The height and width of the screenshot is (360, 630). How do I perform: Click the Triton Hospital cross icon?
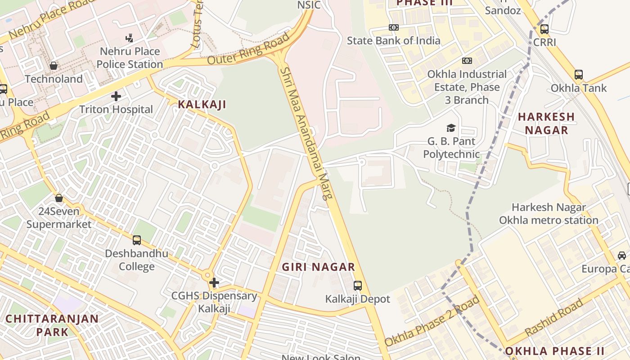coord(116,96)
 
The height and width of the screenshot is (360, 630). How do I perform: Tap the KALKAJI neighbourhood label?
coord(202,104)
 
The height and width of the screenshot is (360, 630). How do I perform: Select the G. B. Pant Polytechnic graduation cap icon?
coord(451,128)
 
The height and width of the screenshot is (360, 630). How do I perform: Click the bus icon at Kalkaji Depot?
coord(358,285)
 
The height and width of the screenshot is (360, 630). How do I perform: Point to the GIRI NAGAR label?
coord(319,267)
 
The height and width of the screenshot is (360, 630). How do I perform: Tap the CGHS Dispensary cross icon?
coord(214,283)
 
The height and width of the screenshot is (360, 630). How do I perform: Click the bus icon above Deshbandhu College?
coord(137,240)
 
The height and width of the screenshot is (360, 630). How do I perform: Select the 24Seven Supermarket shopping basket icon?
coord(58,198)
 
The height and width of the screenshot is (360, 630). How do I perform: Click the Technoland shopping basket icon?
coord(54,66)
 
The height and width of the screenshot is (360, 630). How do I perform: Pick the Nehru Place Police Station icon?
coord(130,38)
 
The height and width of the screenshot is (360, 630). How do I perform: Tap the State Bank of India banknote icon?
coord(394,27)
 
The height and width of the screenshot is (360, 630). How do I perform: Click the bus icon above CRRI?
coord(544,29)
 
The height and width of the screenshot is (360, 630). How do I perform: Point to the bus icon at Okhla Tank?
coord(579,75)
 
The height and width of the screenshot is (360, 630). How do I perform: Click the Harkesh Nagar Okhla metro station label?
coord(549,214)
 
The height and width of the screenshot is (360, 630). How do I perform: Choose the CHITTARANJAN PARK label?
coord(52,325)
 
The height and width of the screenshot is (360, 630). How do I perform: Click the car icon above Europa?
coord(622,256)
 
